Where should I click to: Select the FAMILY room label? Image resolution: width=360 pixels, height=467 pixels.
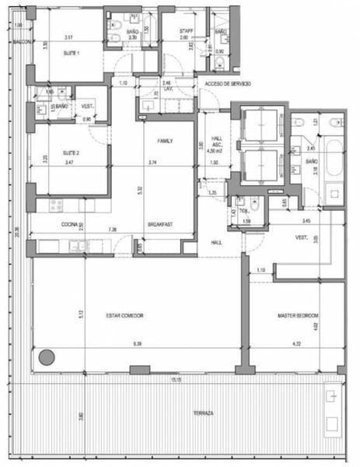[x=165, y=141]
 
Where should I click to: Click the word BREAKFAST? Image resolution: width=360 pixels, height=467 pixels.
[x=160, y=226]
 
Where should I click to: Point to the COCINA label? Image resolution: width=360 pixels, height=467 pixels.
[x=72, y=226]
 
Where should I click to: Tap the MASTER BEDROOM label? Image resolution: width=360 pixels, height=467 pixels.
[x=299, y=315]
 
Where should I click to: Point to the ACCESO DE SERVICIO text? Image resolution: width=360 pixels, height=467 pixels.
[x=225, y=83]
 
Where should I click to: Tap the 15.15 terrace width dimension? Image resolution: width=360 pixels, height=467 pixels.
[x=177, y=380]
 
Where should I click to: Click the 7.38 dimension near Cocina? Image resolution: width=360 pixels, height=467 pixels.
[x=114, y=230]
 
